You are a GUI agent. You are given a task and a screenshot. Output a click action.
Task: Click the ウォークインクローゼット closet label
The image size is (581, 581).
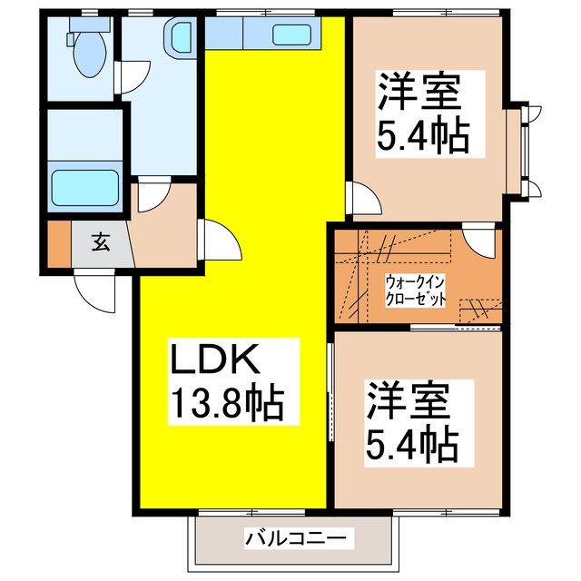415,290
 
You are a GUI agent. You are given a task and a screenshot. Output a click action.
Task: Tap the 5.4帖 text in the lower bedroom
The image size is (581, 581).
411,444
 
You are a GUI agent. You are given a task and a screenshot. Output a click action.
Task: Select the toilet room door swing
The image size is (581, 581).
127,78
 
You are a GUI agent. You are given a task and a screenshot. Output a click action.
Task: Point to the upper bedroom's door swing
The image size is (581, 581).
360,197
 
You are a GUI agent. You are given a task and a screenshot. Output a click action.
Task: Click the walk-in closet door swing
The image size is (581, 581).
477,242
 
